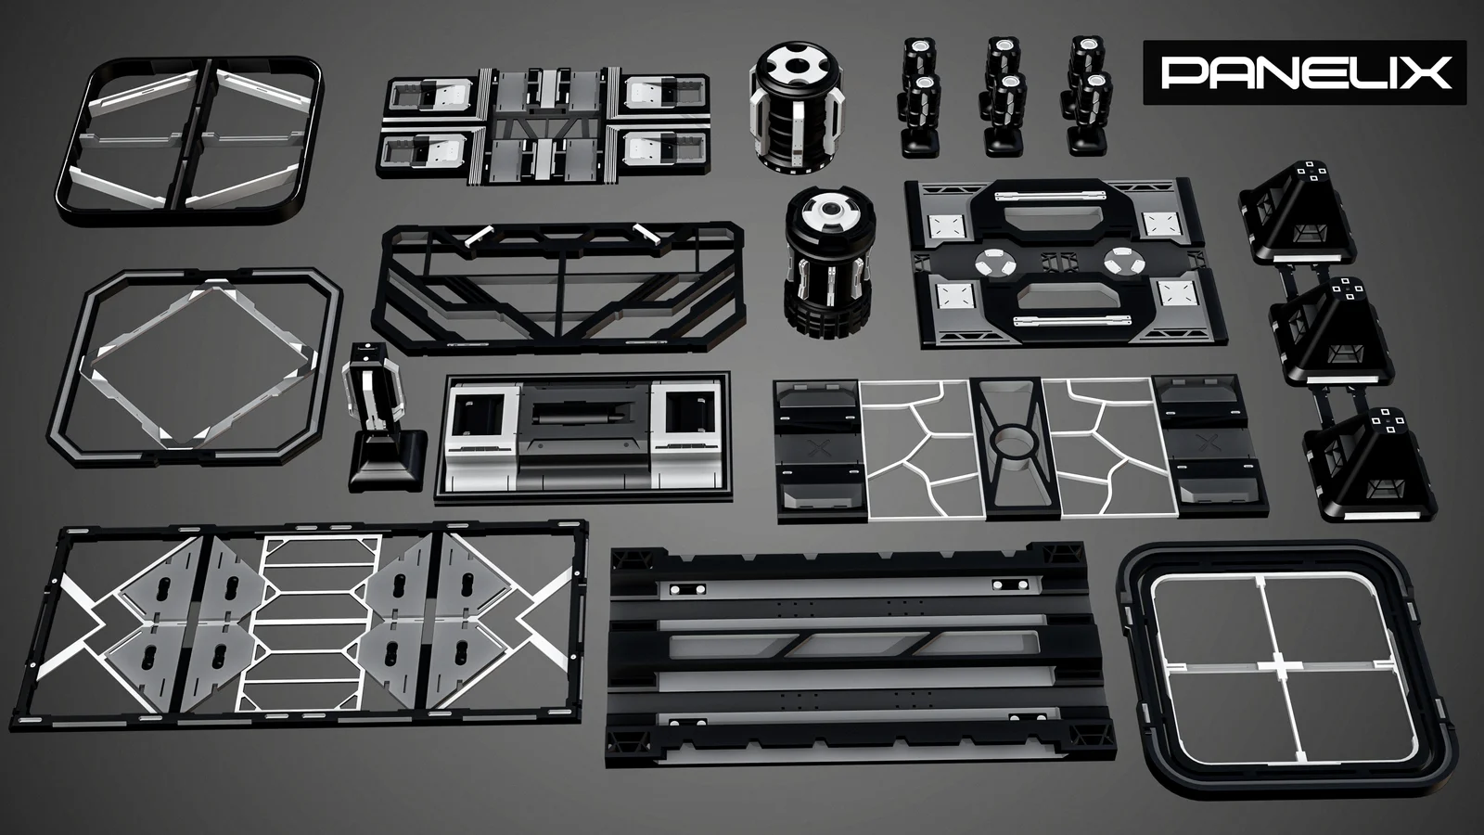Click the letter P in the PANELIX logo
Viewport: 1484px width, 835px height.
[1183, 72]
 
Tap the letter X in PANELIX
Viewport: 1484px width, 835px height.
[1428, 72]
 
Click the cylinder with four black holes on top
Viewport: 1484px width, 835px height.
[799, 111]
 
